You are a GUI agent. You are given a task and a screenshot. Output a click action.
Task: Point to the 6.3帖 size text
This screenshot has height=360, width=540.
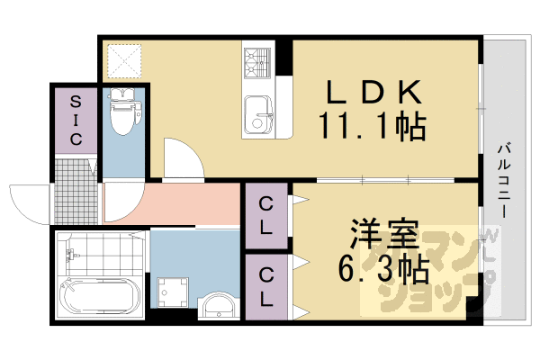[x=383, y=267]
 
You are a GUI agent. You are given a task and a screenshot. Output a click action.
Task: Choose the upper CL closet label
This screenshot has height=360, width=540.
[x=266, y=215]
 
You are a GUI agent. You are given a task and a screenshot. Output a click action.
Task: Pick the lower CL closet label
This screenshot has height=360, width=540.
[x=266, y=286]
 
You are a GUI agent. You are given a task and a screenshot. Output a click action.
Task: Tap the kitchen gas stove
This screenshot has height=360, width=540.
[x=256, y=60]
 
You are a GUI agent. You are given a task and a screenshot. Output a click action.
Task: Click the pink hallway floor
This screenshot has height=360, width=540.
[x=175, y=203]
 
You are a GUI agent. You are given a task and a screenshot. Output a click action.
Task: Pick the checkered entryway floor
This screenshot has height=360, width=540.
[x=75, y=188]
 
